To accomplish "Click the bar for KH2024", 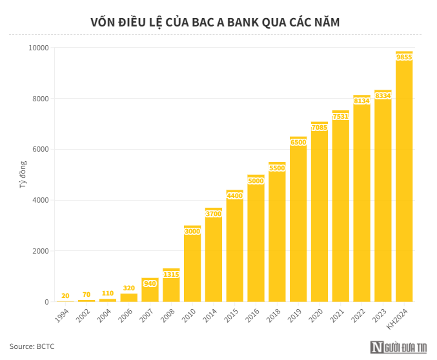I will (x=404, y=181).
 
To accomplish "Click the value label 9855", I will (x=404, y=57).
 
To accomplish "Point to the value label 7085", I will (x=320, y=128).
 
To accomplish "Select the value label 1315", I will (x=171, y=274).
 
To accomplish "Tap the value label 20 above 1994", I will (x=65, y=295).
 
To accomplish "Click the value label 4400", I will (x=234, y=195).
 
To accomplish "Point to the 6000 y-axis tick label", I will (x=40, y=150).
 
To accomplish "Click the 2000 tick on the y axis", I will (x=40, y=251).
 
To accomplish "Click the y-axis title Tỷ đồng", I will (x=23, y=174).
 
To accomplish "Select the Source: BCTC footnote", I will (x=32, y=346).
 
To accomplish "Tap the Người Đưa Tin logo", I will (x=399, y=347).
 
